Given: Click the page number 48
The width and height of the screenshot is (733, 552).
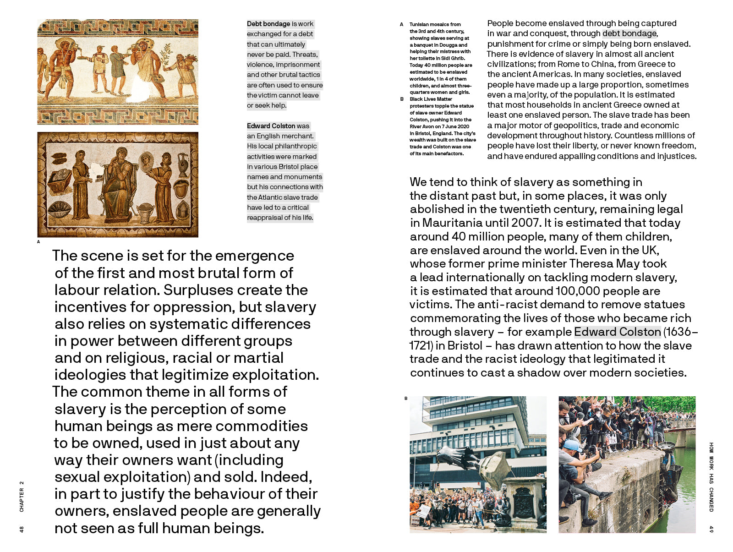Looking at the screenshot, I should point(22,529).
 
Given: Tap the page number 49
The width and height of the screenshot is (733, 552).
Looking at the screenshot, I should point(711,529).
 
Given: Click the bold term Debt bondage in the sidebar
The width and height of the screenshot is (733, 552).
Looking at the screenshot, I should point(268,24).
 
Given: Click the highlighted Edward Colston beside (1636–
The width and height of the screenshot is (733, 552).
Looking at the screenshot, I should point(617,332).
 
